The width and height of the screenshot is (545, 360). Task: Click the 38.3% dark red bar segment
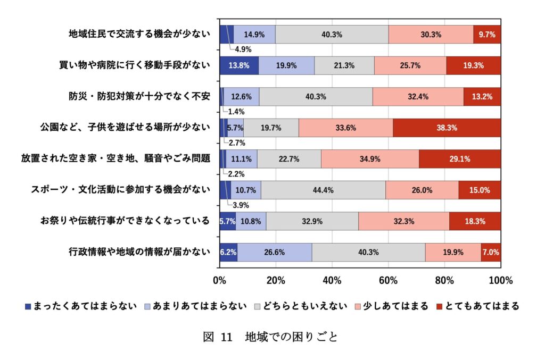pyautogui.click(x=447, y=128)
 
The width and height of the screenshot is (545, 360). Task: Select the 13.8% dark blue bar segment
pyautogui.click(x=239, y=65)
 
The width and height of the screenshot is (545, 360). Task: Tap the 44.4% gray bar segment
pyautogui.click(x=323, y=190)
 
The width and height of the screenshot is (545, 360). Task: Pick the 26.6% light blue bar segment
pyautogui.click(x=275, y=252)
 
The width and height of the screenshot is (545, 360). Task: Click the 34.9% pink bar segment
pyautogui.click(x=370, y=159)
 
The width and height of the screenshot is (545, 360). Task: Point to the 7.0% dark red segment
pyautogui.click(x=490, y=252)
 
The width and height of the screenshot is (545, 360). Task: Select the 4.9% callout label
pyautogui.click(x=243, y=49)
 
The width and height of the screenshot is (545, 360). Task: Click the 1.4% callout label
pyautogui.click(x=236, y=112)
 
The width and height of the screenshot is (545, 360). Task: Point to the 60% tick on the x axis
pyautogui.click(x=389, y=280)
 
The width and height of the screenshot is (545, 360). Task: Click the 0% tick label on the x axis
pyautogui.click(x=219, y=280)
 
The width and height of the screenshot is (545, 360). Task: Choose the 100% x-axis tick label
pyautogui.click(x=500, y=280)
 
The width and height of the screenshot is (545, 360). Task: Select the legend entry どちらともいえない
pyautogui.click(x=301, y=306)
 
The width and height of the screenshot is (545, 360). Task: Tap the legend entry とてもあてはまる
pyautogui.click(x=476, y=306)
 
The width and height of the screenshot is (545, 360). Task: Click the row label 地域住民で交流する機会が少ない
pyautogui.click(x=139, y=35)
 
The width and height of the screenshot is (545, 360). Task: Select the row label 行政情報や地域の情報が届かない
pyautogui.click(x=139, y=252)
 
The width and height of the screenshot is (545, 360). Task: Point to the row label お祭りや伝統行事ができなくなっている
pyautogui.click(x=125, y=221)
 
